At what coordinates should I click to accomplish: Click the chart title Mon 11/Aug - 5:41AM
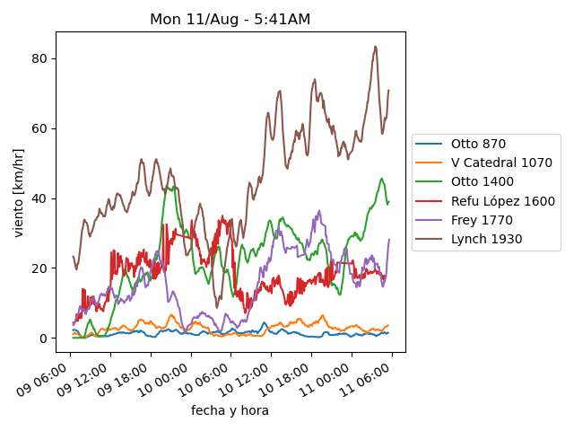230,20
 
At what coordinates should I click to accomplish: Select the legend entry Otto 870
478,144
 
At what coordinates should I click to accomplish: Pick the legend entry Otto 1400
482,182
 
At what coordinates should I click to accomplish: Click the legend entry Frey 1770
479,220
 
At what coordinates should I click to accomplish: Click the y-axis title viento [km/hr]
19,193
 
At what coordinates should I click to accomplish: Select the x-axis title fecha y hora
230,410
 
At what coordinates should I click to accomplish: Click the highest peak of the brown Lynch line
375,47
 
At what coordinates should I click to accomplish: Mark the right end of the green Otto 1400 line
388,202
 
